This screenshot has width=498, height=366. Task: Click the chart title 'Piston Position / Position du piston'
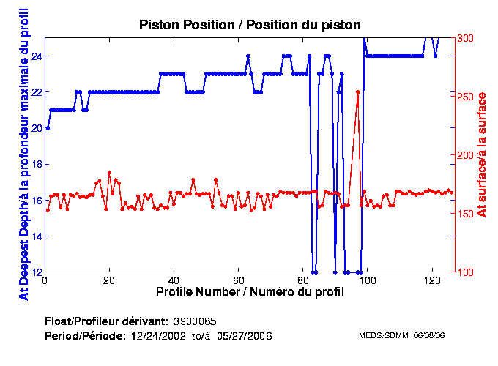[x=250, y=25]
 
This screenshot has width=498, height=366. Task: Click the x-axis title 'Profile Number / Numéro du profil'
[x=250, y=291]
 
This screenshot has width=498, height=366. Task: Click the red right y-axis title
[x=481, y=154]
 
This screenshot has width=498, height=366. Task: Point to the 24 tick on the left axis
[x=35, y=56]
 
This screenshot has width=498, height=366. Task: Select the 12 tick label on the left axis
[x=35, y=272]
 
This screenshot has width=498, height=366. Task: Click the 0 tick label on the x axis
[x=45, y=280]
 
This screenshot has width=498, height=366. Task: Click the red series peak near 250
[x=357, y=92]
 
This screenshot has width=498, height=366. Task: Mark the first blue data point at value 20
[x=48, y=127]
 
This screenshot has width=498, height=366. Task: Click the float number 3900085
[x=194, y=321]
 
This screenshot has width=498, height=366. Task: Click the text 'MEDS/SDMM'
[x=383, y=336]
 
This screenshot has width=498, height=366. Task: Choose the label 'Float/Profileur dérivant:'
[x=105, y=321]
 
